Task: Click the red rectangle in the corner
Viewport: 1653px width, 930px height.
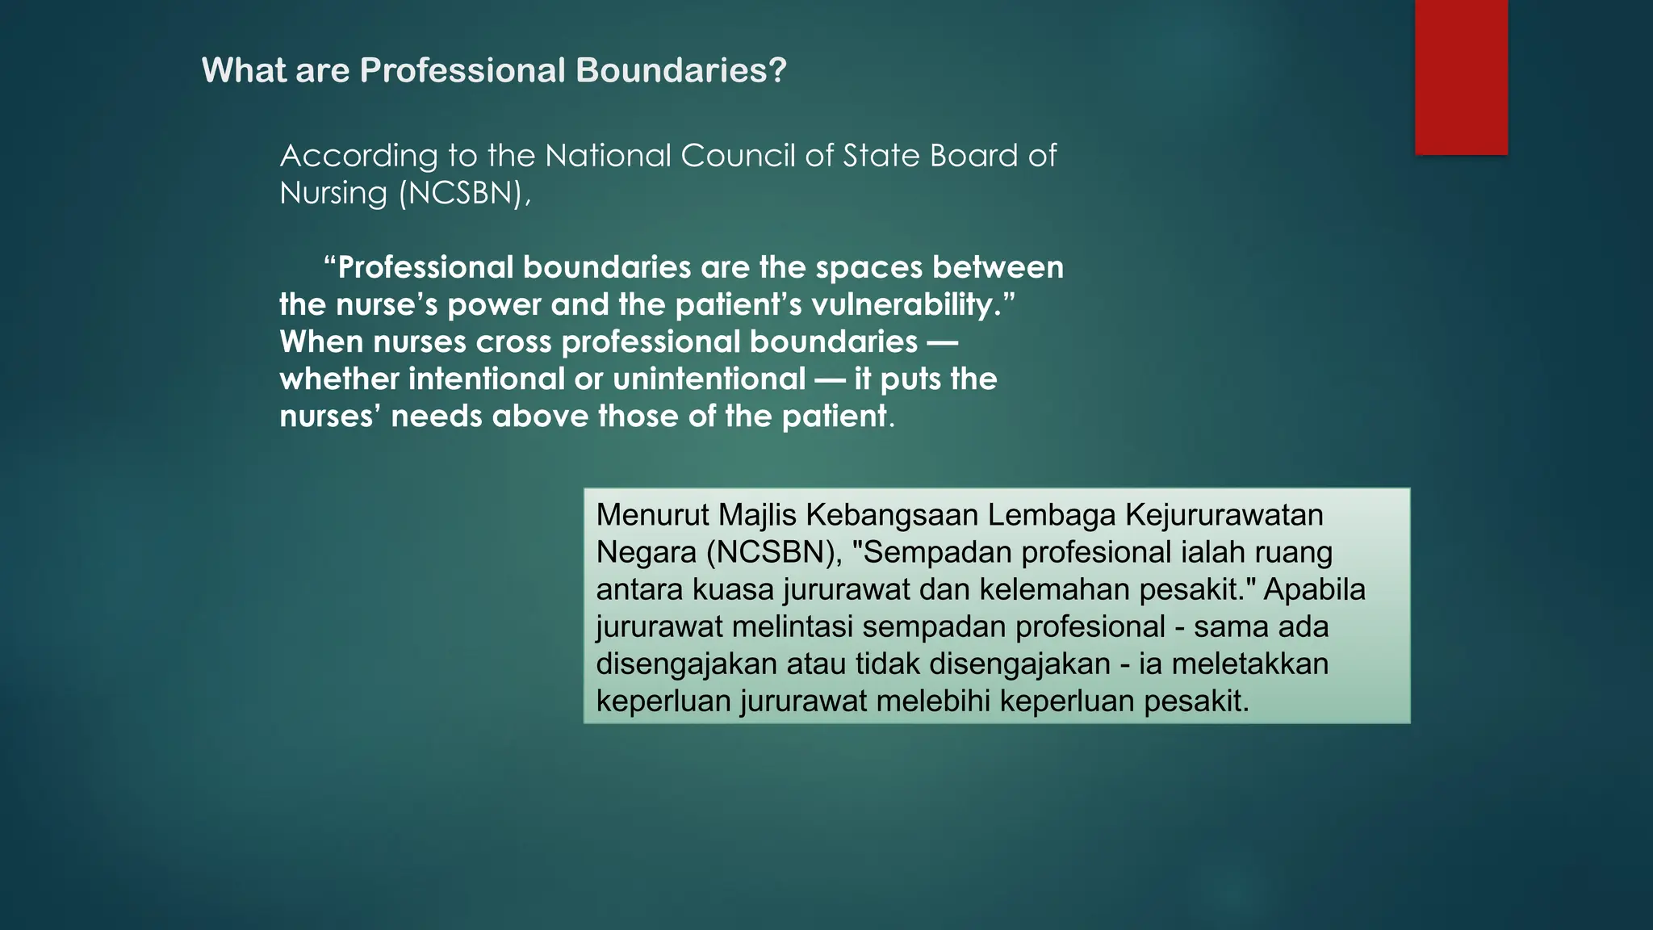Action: pyautogui.click(x=1461, y=77)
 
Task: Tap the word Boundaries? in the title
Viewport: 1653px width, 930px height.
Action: pyautogui.click(x=680, y=70)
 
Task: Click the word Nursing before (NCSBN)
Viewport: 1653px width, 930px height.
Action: pyautogui.click(x=333, y=193)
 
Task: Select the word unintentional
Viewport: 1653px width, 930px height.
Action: pyautogui.click(x=709, y=379)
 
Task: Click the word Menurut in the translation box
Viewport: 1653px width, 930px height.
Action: pyautogui.click(x=652, y=515)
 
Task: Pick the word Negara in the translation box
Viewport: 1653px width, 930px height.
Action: pyautogui.click(x=646, y=552)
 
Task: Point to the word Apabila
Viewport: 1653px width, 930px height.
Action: pyautogui.click(x=1314, y=589)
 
